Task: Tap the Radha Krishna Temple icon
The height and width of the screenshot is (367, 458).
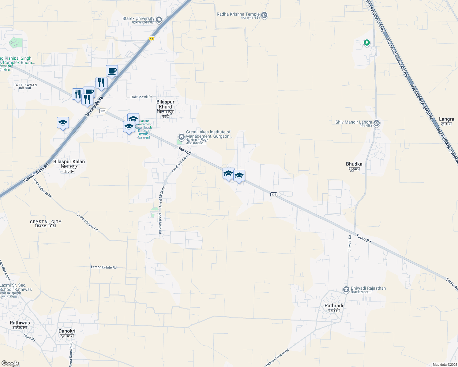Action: [x=265, y=15]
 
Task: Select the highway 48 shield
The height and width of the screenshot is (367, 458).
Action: [x=152, y=39]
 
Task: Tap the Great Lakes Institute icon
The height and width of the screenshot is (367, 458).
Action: [x=181, y=136]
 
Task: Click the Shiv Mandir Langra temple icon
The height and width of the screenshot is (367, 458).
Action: [x=377, y=123]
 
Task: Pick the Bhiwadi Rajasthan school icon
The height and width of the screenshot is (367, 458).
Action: [x=346, y=289]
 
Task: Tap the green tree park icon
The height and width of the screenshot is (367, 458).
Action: [x=367, y=43]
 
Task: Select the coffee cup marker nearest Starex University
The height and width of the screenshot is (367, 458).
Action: [x=112, y=71]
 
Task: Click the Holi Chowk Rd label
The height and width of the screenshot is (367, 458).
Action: [x=141, y=97]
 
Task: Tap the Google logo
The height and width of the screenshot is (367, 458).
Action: [x=10, y=363]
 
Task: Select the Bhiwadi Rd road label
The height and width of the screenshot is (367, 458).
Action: [x=350, y=243]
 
